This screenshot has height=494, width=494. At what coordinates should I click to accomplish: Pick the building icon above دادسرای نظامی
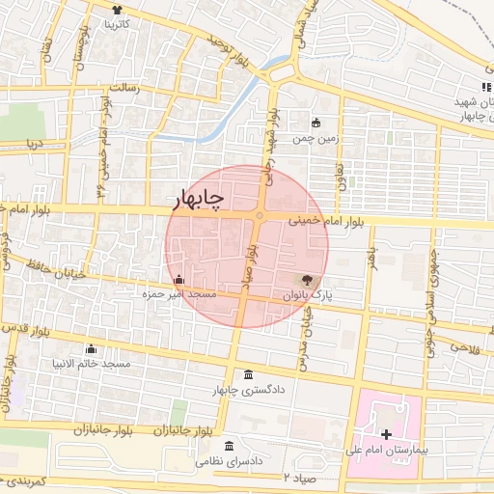pyautogui.click(x=229, y=446)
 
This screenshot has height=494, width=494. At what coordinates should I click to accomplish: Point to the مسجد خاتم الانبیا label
pyautogui.click(x=91, y=364)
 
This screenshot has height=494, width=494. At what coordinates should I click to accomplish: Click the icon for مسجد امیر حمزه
pyautogui.click(x=178, y=279)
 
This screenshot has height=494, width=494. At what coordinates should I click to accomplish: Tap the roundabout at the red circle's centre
pyautogui.click(x=260, y=216)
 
